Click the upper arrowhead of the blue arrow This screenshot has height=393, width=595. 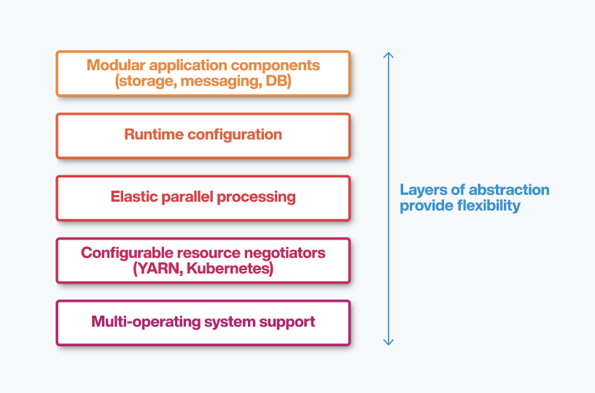tap(389, 55)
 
